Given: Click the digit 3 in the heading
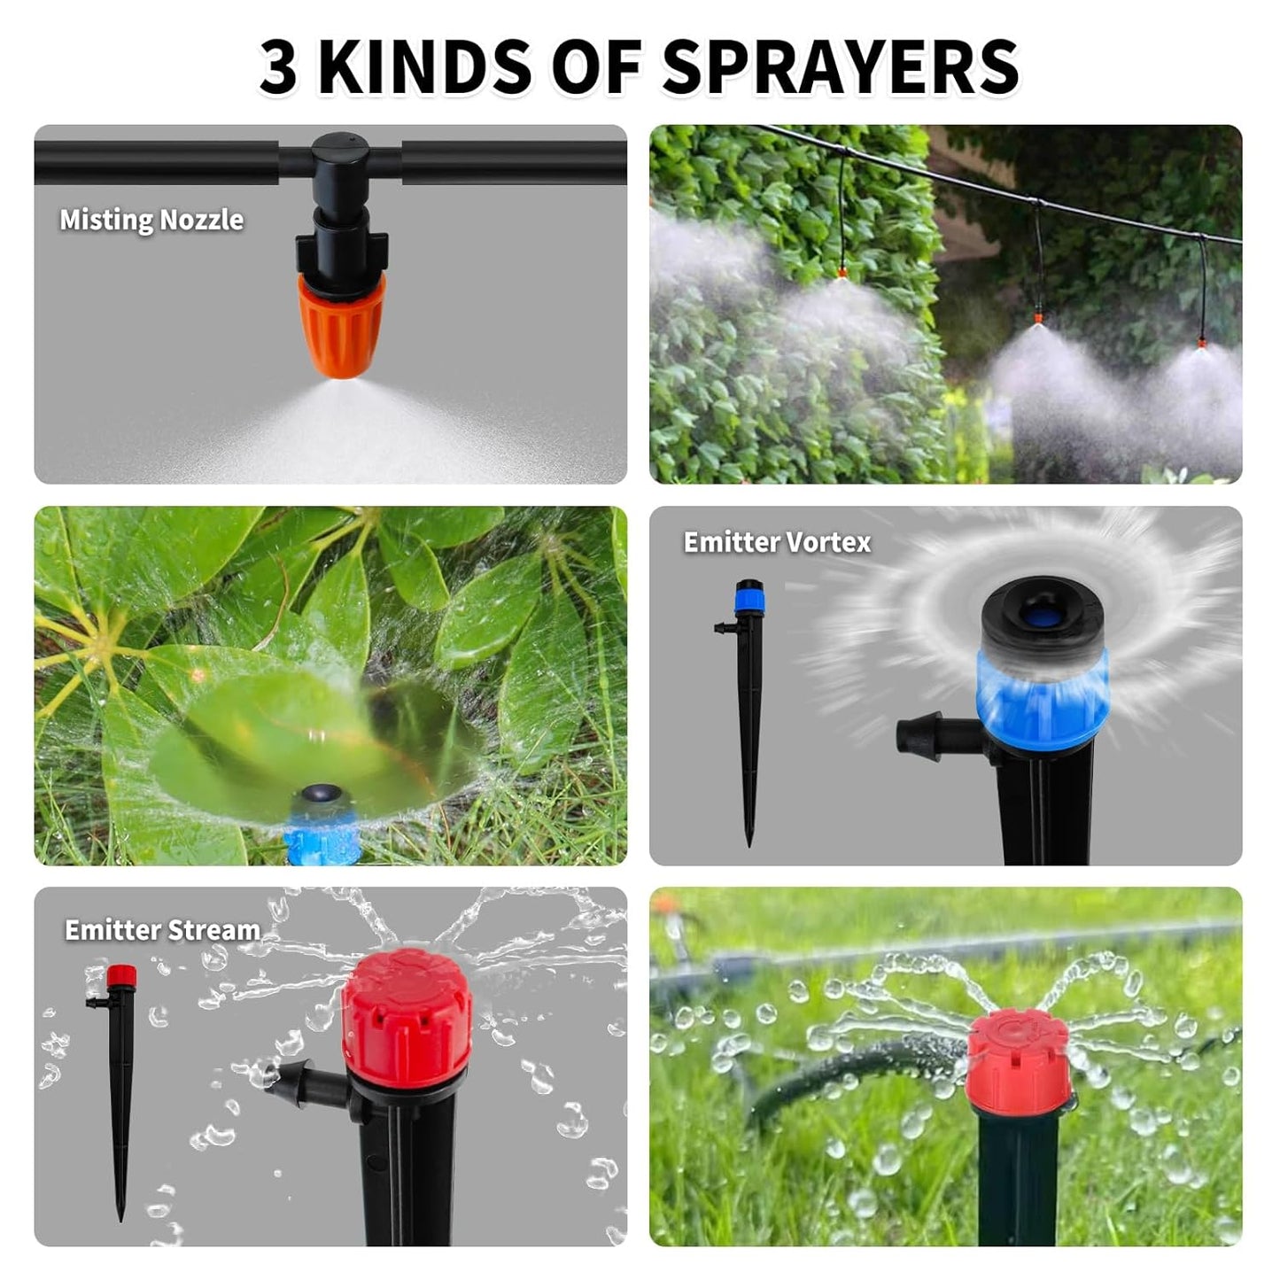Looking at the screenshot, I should click(278, 67).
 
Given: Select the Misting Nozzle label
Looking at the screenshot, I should click(151, 220).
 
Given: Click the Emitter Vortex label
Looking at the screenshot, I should click(777, 542).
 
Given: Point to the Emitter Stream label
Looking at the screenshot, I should click(162, 930).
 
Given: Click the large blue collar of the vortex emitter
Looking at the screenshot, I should click(1042, 696).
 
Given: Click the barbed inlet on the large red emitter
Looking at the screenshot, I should click(306, 1083).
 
